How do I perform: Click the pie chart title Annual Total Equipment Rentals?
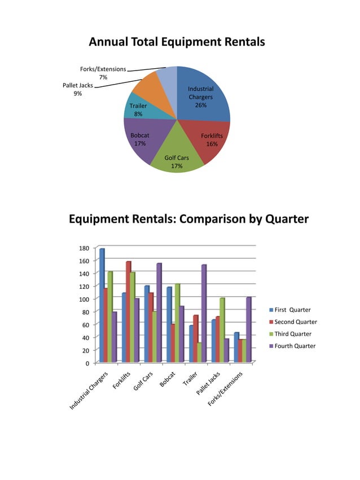click(177, 42)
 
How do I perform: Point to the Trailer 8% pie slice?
click(137, 109)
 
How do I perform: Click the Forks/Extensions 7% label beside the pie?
click(103, 73)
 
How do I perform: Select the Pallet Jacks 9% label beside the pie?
click(77, 89)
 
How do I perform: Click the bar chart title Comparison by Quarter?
click(188, 219)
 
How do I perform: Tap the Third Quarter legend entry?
click(292, 334)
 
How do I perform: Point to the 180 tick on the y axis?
click(83, 248)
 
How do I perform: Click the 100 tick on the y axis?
click(83, 300)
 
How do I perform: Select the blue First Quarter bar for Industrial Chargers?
click(102, 305)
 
